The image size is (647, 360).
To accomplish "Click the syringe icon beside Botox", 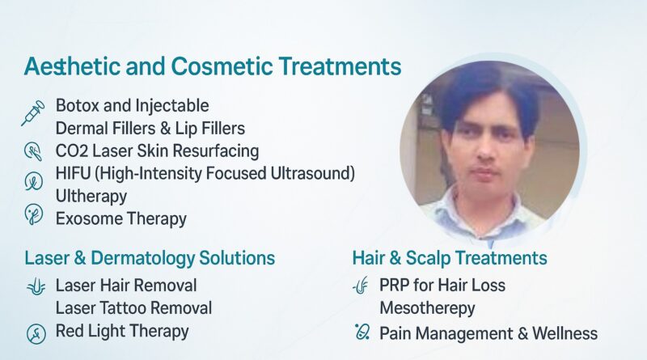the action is [33, 112].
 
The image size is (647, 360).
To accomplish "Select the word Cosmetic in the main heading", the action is [222, 66].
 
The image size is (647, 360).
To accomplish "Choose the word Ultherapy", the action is [91, 197].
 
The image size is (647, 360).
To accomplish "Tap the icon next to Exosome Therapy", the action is [33, 214].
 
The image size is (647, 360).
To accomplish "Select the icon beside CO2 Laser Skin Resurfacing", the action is [33, 150].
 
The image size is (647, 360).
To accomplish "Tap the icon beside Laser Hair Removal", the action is [36, 286].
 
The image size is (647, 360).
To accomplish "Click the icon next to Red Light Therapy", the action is [36, 333].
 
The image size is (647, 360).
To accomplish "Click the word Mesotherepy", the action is [427, 309].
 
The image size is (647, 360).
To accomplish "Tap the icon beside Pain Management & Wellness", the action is [362, 332].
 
